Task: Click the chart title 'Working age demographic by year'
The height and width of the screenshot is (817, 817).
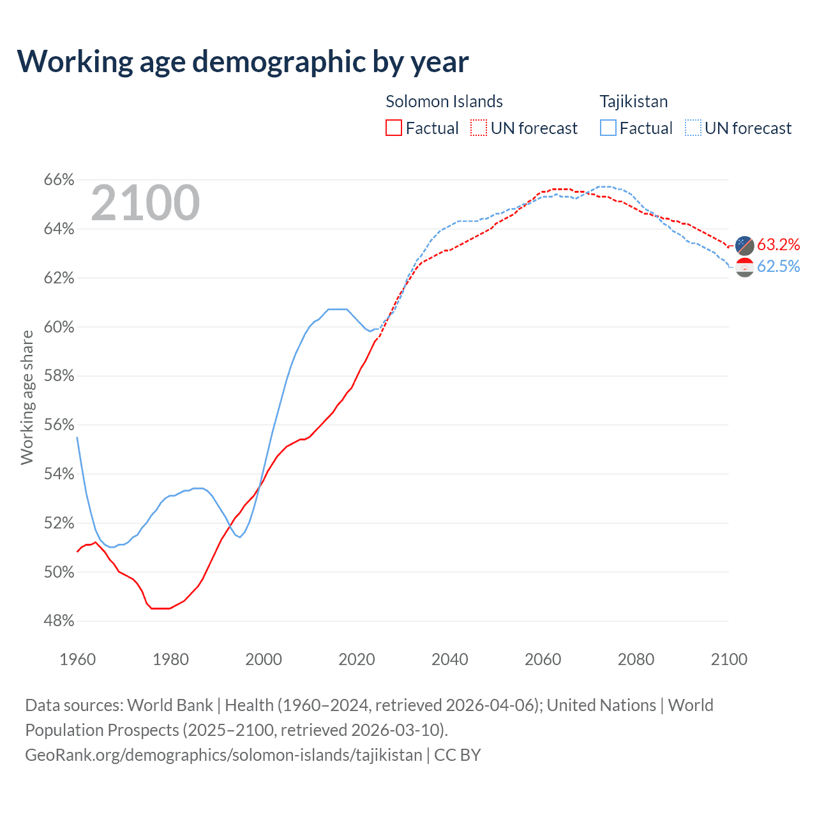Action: (x=243, y=61)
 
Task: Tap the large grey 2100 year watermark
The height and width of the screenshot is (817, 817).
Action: (x=146, y=203)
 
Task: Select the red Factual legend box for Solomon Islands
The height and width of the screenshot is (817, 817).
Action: (x=394, y=128)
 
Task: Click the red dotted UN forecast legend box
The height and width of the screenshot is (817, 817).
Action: (x=479, y=128)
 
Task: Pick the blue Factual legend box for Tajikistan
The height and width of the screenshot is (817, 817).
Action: (x=608, y=128)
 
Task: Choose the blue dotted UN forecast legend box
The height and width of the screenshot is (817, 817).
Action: (x=693, y=128)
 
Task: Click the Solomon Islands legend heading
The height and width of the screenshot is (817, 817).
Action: (x=444, y=101)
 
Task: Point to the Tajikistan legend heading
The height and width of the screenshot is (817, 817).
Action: (x=634, y=101)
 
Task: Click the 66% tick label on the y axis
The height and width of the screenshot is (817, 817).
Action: (x=59, y=180)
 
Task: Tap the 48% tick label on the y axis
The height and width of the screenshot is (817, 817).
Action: (x=59, y=621)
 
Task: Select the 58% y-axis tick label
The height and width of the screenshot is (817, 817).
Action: (x=59, y=376)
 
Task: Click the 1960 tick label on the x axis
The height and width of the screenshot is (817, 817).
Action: (x=78, y=659)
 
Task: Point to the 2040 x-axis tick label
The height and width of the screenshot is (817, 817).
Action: (x=450, y=659)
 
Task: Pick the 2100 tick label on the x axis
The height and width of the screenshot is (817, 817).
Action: (x=729, y=659)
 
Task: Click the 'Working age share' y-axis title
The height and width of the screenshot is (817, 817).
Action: (x=27, y=397)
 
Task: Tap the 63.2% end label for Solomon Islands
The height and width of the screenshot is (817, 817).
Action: (x=778, y=245)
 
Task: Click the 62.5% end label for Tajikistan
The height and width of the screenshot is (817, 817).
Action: (x=778, y=267)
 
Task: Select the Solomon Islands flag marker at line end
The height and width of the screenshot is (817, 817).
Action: (x=745, y=245)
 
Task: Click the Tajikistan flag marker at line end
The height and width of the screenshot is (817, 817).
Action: (x=745, y=267)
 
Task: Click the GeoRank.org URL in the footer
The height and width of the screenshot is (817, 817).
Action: (x=223, y=755)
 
